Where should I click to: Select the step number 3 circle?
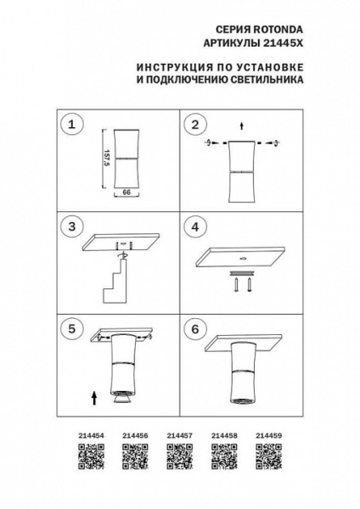click(72, 227)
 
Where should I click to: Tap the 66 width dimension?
click(125, 193)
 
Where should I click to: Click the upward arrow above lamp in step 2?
click(242, 126)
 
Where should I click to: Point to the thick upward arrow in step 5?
click(94, 394)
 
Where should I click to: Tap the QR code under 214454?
click(91, 457)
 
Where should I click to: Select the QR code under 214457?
click(179, 457)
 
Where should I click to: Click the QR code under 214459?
click(267, 457)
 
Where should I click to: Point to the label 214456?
click(135, 433)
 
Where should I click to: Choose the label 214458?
click(223, 433)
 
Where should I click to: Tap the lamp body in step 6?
click(243, 373)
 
